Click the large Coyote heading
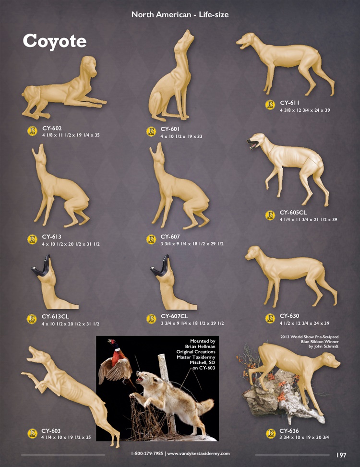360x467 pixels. coord(55,41)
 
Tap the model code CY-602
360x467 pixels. coord(52,128)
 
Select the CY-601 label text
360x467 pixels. coord(170,129)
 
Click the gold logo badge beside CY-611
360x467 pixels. coord(270,105)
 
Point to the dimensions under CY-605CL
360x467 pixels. coord(308,220)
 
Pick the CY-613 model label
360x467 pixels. coord(51,237)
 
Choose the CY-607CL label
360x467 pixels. coord(175,316)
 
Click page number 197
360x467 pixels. coord(341,455)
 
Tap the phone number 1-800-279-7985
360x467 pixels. coord(147,453)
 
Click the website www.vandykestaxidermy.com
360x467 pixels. coord(198,454)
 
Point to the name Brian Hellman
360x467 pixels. coord(200,347)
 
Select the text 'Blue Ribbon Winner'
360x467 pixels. coord(320,342)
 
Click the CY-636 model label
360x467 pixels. coord(289,431)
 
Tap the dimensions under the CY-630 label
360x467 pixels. coord(305,323)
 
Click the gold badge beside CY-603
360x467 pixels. coord(32,433)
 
